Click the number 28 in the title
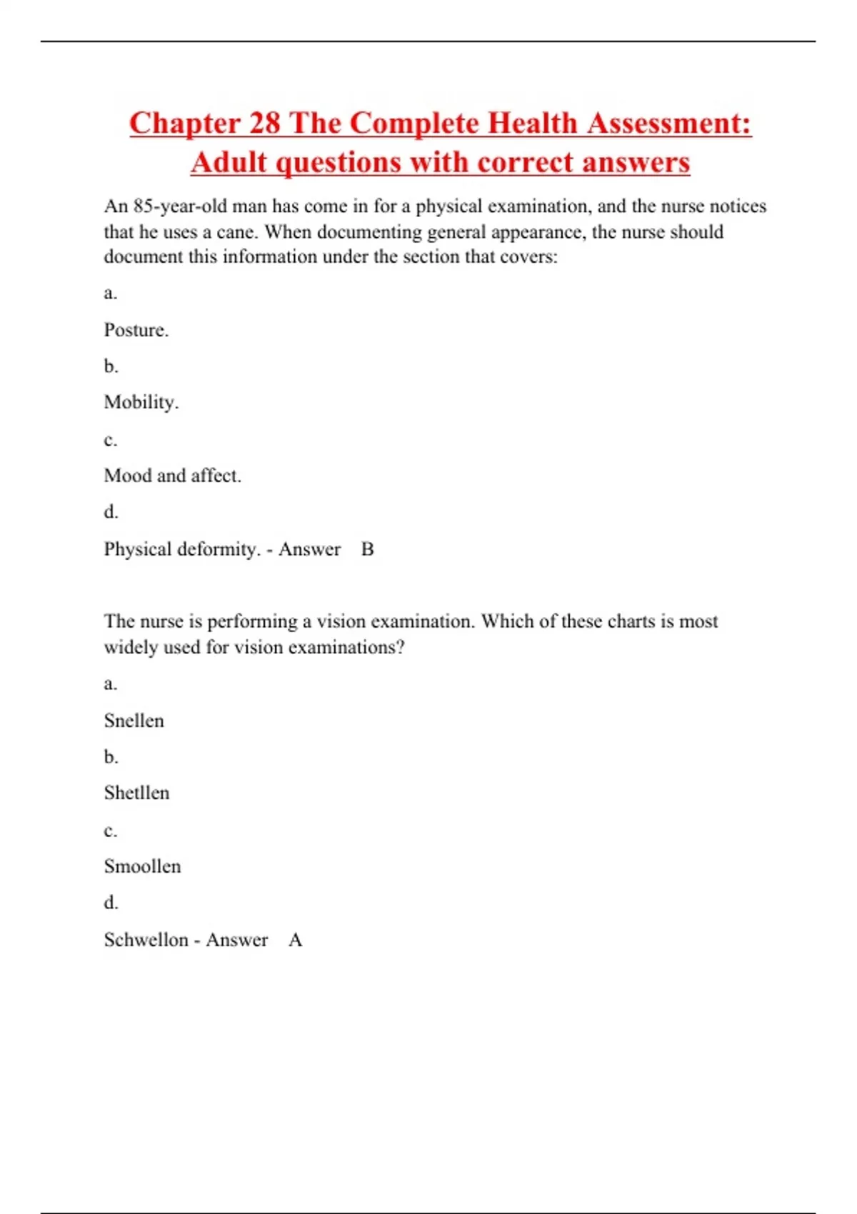click(264, 123)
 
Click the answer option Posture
click(136, 330)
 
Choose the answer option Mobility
click(141, 403)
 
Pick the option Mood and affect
click(172, 476)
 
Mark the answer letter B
click(367, 549)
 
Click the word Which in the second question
click(507, 621)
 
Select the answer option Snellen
click(134, 721)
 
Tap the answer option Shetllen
click(136, 793)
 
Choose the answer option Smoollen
click(142, 866)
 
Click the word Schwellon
click(146, 940)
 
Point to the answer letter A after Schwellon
click(295, 940)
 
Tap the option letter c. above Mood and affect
click(110, 440)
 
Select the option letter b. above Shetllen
click(111, 757)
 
